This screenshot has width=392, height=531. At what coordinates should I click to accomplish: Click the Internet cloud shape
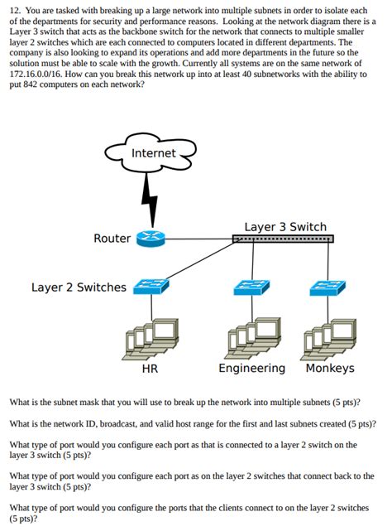point(153,154)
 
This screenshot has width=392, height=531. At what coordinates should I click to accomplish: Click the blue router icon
point(151,239)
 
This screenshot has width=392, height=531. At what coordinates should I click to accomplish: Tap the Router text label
point(112,239)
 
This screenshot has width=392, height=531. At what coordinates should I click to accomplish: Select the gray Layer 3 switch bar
point(283,239)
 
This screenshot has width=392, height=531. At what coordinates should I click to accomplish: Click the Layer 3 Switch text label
point(285,226)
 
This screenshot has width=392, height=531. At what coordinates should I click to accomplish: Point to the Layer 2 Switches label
point(79,287)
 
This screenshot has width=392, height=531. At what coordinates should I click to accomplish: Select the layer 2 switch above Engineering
point(250,287)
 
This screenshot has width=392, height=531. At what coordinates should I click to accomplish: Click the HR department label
point(150,369)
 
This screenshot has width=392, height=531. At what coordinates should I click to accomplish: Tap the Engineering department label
point(251,369)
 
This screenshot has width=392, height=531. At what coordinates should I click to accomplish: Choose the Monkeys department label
point(329,369)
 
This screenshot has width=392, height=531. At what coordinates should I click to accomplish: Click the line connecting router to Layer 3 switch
point(198,239)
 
